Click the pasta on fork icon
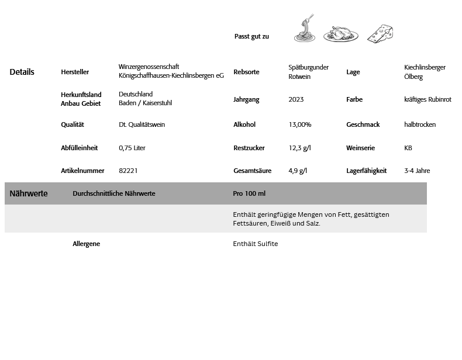click(304, 30)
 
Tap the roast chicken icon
click(341, 34)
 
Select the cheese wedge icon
click(380, 34)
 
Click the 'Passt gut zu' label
click(251, 37)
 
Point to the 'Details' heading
click(22, 72)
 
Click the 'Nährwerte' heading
click(29, 193)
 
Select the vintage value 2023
click(296, 100)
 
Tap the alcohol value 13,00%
click(300, 124)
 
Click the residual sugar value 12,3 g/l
click(299, 148)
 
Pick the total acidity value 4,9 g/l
click(298, 171)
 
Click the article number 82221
click(128, 171)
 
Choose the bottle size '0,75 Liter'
click(132, 148)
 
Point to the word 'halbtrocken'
click(420, 124)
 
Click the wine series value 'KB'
click(408, 148)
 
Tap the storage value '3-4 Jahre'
click(417, 171)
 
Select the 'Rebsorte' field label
click(246, 72)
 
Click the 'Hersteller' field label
click(75, 72)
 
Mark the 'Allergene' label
click(86, 244)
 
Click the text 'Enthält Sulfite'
click(256, 244)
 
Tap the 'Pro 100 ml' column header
click(249, 193)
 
